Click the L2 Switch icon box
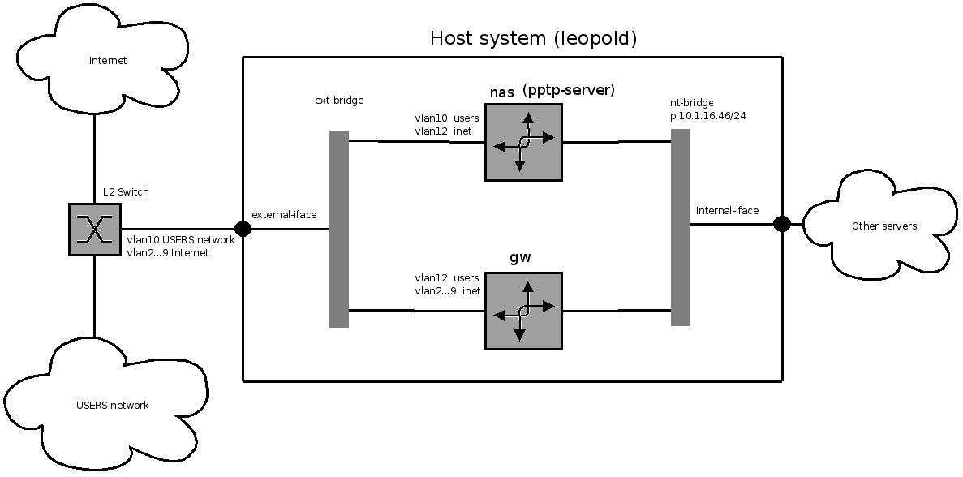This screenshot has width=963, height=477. tap(94, 230)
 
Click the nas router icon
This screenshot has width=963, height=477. tap(523, 142)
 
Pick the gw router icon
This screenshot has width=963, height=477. tap(523, 311)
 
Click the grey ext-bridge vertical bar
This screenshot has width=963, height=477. tap(339, 229)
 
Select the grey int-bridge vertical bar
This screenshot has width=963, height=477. tap(681, 227)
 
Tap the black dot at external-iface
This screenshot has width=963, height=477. tap(243, 229)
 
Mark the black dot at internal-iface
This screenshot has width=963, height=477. tap(782, 224)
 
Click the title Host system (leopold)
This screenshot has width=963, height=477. tap(533, 38)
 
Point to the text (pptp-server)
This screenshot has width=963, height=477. tap(568, 90)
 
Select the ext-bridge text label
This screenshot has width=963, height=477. tap(339, 101)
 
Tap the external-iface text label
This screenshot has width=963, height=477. tap(284, 215)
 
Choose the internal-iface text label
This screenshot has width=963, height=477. tap(727, 211)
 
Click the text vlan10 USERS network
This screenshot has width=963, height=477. tap(180, 240)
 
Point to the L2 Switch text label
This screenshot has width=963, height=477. tap(126, 192)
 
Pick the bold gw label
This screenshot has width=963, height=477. tap(520, 258)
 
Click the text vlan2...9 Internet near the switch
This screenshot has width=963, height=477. tap(167, 253)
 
